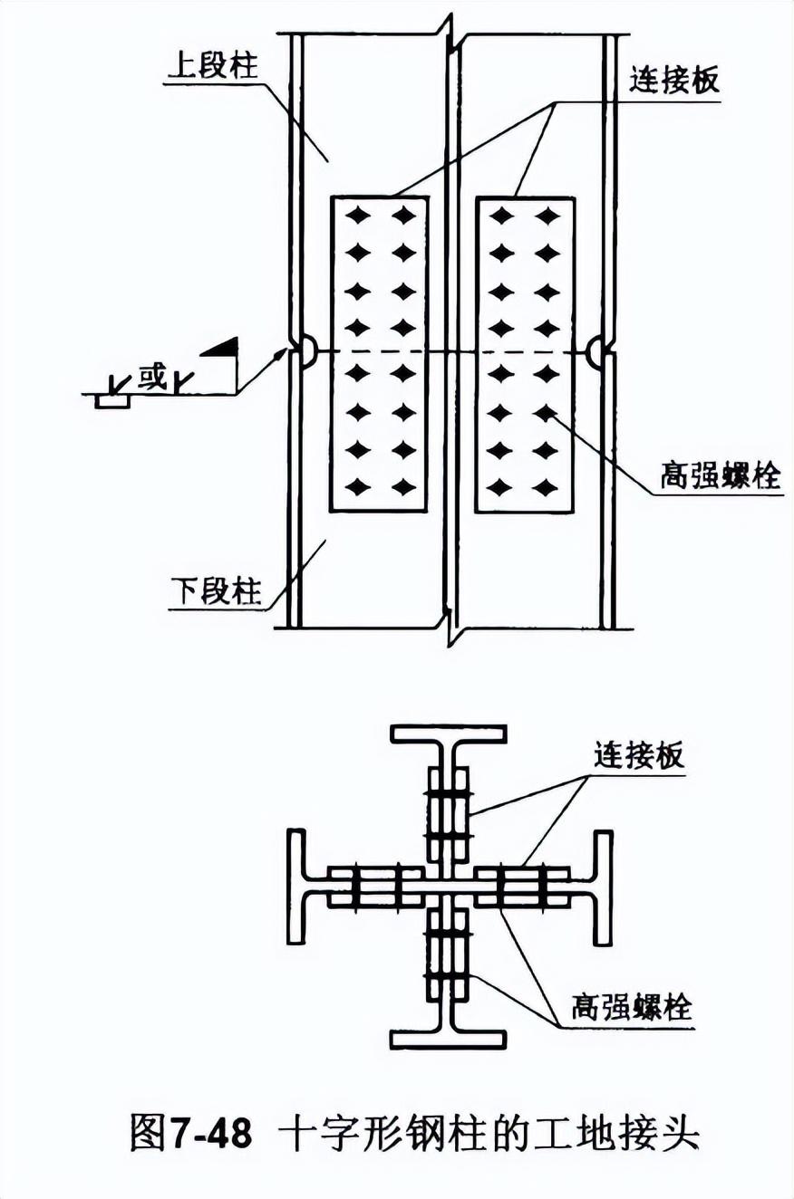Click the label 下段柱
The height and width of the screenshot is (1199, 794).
(x=215, y=593)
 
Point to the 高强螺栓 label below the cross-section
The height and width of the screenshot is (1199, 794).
(x=631, y=1006)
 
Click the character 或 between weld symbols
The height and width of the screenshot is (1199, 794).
(x=152, y=377)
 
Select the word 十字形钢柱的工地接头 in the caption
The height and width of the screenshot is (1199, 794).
(x=489, y=1133)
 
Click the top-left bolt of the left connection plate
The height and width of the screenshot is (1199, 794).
(x=359, y=216)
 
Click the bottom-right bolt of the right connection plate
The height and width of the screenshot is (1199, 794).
(x=546, y=488)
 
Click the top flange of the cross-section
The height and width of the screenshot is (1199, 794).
(x=449, y=733)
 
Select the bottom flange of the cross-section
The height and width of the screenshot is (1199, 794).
(x=449, y=1039)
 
